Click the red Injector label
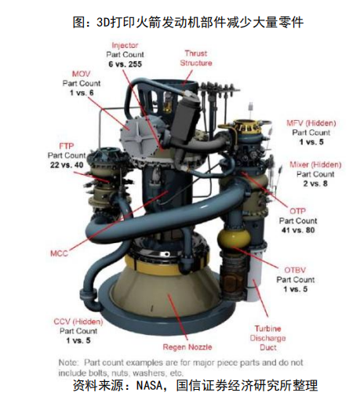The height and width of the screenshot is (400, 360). click(125, 45)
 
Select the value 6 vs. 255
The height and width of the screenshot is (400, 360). click(125, 64)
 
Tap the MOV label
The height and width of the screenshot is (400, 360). click(82, 74)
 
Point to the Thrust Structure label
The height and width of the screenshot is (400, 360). click(196, 58)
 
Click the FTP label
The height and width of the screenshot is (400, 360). click(67, 146)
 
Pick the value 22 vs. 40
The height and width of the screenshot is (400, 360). click(67, 165)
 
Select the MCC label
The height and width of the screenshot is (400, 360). click(59, 253)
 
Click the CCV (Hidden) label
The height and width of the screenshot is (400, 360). click(78, 322)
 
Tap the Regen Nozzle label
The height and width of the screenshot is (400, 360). click(187, 347)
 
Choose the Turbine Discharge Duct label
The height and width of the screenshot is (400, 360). click(267, 338)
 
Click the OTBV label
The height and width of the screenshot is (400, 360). click(295, 270)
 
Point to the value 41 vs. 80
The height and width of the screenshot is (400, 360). click(298, 230)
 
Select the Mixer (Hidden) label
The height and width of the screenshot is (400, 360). click(315, 165)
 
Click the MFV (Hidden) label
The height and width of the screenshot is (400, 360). click(311, 123)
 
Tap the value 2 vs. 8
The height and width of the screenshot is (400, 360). click(315, 184)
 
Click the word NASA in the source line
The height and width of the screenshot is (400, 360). click(149, 385)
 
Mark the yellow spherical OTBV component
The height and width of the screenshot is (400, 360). click(235, 238)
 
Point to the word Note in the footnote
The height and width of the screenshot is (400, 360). click(67, 362)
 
